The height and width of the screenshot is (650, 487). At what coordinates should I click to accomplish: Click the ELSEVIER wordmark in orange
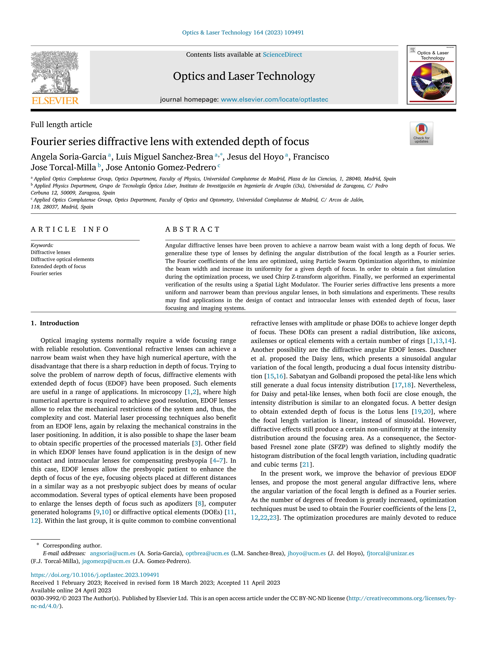tap(55, 101)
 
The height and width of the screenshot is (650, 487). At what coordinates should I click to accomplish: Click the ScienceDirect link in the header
tap(282, 55)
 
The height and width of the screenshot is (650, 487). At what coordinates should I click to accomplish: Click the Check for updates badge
tap(421, 133)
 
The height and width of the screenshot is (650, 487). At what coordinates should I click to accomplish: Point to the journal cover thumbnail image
tap(431, 75)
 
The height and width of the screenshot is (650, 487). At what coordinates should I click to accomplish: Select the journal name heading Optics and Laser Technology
tap(244, 76)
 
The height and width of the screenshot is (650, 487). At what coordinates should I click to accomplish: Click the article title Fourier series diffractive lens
tap(170, 142)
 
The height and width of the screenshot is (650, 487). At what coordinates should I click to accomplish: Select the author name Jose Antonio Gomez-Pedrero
tap(161, 167)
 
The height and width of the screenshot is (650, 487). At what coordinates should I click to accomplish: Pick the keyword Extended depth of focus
tap(58, 266)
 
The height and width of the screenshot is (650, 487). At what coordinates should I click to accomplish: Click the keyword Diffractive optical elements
tap(62, 259)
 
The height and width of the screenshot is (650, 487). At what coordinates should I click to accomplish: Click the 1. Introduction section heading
tap(55, 323)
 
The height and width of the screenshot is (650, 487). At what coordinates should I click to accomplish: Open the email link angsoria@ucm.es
tap(113, 553)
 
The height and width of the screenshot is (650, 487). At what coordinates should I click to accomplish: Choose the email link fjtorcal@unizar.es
tap(390, 553)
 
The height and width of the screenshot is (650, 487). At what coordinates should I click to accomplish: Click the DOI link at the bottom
tap(95, 575)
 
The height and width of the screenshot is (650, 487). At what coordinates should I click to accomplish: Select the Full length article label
tap(61, 125)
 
